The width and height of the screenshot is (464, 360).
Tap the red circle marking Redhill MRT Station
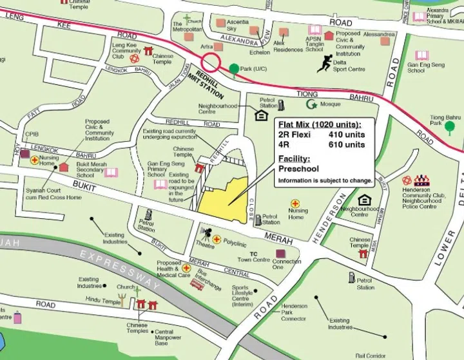211,63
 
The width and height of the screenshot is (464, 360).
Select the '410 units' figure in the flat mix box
347,135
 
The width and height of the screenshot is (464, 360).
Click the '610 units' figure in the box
347,145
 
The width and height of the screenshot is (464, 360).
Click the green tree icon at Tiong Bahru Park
449,126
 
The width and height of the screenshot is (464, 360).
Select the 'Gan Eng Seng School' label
425,68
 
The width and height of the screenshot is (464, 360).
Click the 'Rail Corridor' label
369,355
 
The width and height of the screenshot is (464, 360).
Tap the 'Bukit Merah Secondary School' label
95,171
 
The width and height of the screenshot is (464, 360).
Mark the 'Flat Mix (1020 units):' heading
320,124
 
